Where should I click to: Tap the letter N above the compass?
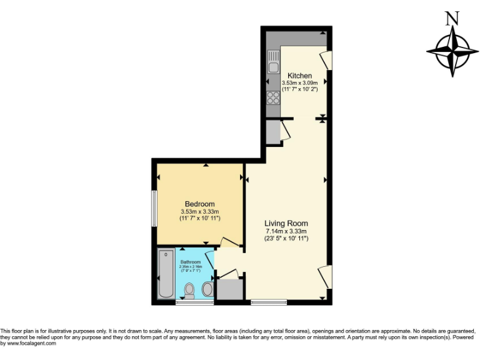451,18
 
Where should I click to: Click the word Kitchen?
299,76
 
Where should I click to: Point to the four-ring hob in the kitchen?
273,97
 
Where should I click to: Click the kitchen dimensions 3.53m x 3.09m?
300,83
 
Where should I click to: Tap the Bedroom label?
199,204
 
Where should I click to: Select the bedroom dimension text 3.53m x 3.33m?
200,212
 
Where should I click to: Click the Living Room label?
286,223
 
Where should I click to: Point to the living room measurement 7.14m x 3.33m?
286,231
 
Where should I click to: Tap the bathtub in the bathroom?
166,274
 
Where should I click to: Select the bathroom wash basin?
207,289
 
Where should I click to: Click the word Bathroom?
191,262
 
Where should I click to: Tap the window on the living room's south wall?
269,302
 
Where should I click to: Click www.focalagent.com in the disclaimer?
28,343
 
